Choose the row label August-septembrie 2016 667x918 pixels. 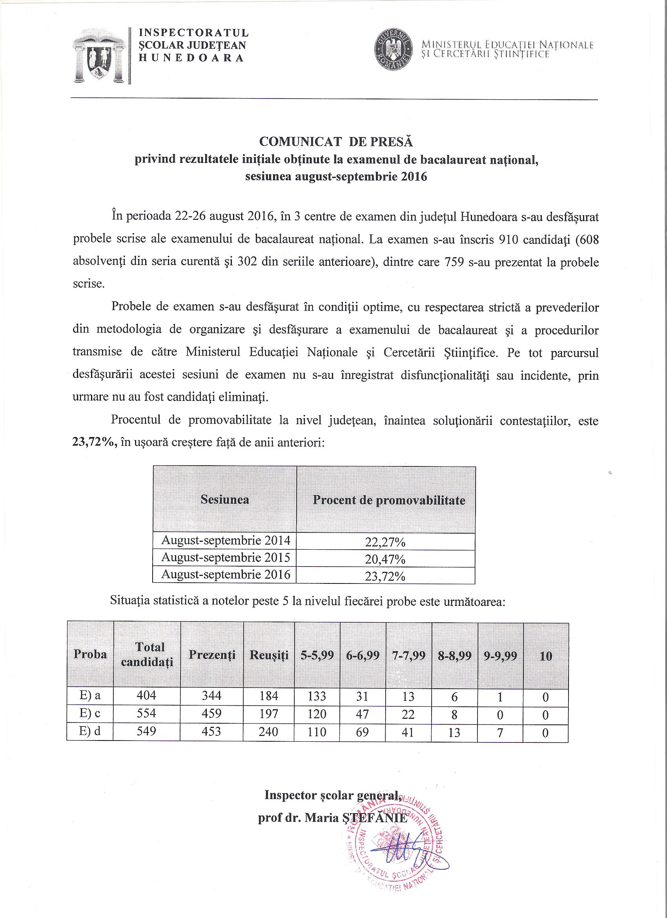click(225, 575)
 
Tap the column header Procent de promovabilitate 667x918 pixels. click(389, 500)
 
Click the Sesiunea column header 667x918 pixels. click(225, 499)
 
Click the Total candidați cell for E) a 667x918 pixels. click(147, 695)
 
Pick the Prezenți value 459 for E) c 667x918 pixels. click(211, 713)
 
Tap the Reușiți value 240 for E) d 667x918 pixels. click(269, 731)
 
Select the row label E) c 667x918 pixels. click(90, 713)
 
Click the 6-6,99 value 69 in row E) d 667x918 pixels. click(363, 731)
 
